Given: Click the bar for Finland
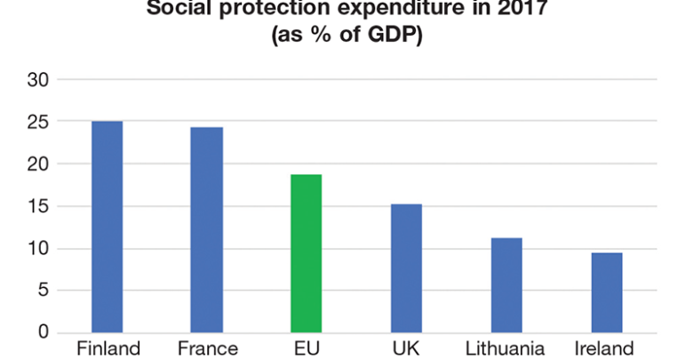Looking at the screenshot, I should click(x=108, y=227).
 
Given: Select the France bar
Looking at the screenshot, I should click(x=207, y=230).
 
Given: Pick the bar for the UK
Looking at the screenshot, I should click(x=407, y=268).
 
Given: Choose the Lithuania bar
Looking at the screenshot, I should click(x=506, y=285).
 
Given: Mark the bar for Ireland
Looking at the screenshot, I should click(x=607, y=292).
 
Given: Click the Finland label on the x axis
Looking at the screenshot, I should click(x=108, y=348).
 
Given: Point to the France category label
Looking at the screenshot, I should click(x=207, y=348).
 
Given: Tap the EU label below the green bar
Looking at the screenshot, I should click(x=307, y=348).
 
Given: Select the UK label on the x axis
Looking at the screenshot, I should click(x=407, y=348).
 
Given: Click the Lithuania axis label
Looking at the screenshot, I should click(x=506, y=348).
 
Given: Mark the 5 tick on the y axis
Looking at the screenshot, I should click(x=41, y=291).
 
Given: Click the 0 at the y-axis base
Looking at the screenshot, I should click(x=41, y=332).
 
